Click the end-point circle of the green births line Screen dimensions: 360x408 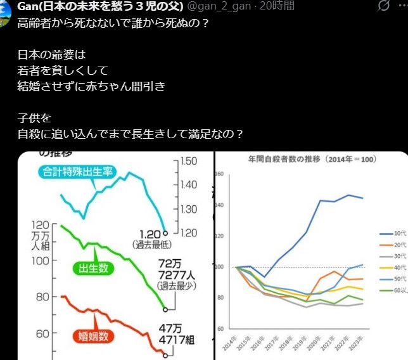coord(165,309)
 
